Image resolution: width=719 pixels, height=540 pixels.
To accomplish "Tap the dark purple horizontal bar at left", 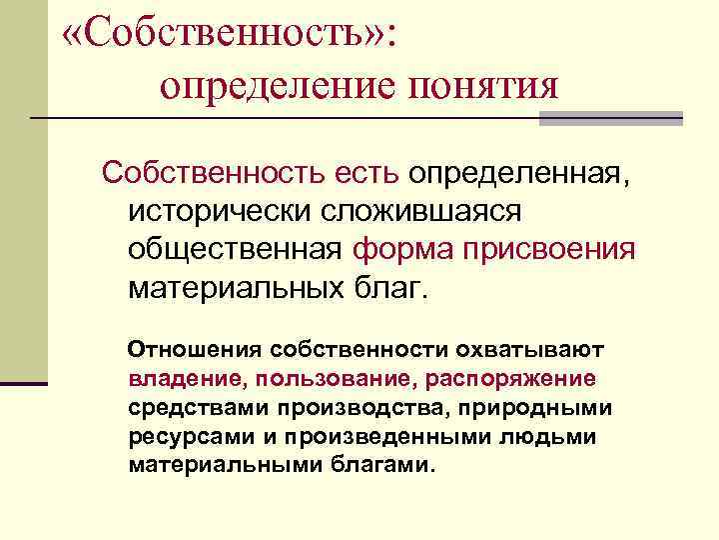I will coord(24,383).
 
